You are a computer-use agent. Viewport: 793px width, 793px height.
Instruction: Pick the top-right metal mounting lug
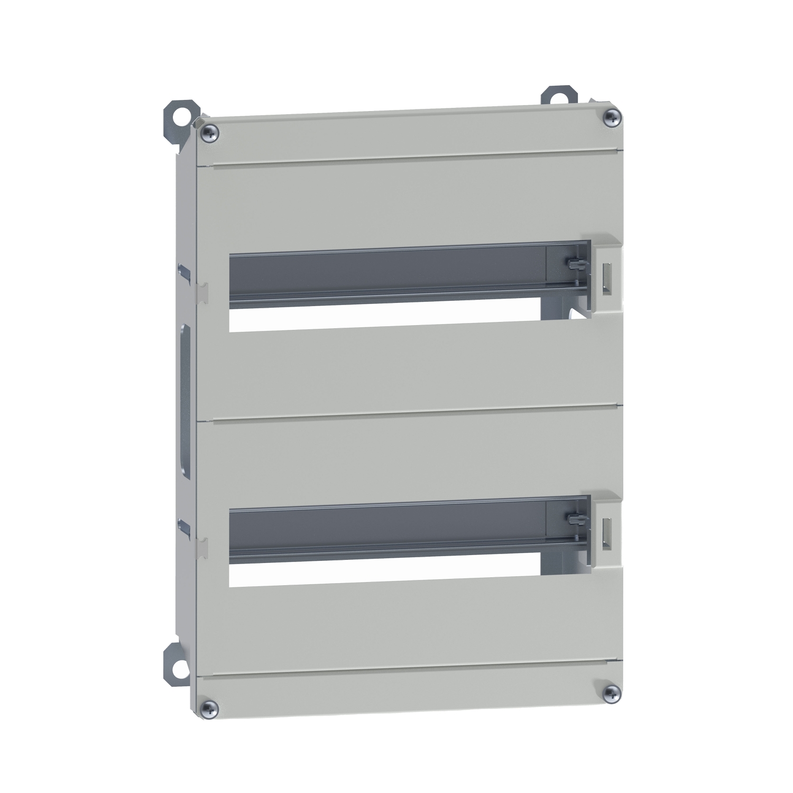556,98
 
